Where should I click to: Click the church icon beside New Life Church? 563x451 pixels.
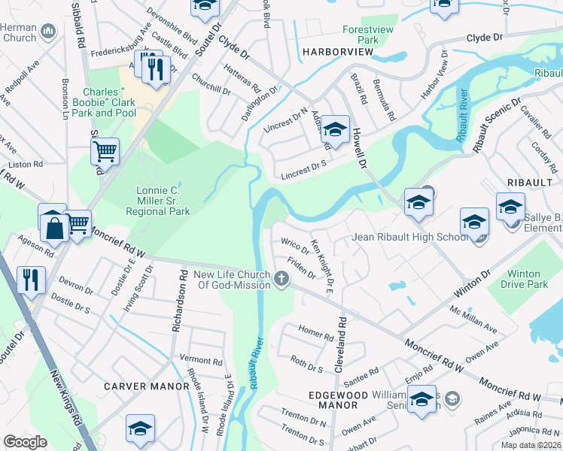point(282,280)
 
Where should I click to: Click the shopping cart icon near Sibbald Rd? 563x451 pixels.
point(105,151)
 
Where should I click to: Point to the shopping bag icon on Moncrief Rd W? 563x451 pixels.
point(54,225)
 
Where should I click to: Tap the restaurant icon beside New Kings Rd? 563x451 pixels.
point(32,279)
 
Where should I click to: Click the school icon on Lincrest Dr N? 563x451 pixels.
point(336,130)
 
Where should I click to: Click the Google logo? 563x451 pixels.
point(26,442)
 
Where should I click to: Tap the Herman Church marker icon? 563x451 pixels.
point(48,31)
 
